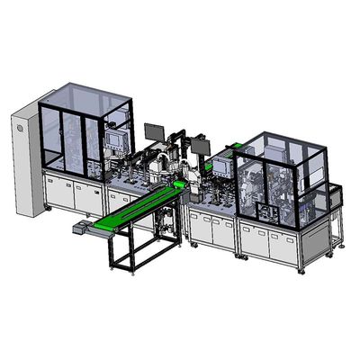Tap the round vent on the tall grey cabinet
17,132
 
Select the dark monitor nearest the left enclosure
154,133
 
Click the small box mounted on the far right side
337,191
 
